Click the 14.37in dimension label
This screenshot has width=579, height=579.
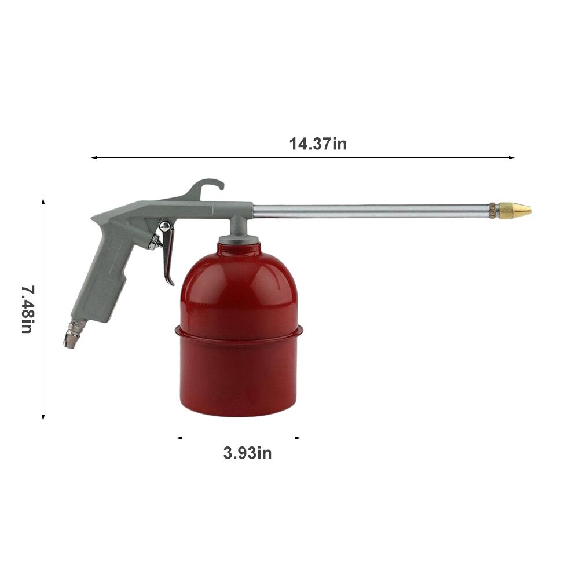[318, 144]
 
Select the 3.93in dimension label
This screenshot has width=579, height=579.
[247, 453]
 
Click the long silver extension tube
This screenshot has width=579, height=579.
[371, 210]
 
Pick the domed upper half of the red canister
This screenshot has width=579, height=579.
[239, 284]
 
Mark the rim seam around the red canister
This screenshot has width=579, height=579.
[239, 332]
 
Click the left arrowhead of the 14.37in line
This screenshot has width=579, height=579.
[93, 157]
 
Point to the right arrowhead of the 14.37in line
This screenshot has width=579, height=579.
[512, 157]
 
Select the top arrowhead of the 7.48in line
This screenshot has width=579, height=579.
[43, 201]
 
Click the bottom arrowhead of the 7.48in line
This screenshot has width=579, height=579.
[43, 417]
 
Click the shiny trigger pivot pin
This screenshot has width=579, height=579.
[164, 225]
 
